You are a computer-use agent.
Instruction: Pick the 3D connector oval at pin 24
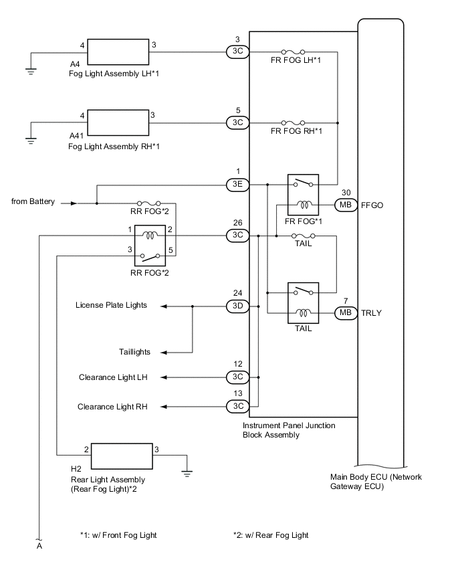point(237,306)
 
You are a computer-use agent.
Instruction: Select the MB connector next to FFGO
point(346,205)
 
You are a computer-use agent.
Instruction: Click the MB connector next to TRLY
point(346,312)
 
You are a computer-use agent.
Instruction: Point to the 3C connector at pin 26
point(237,235)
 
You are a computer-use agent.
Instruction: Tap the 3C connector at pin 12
point(237,377)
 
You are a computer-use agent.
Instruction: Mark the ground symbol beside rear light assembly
point(188,473)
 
